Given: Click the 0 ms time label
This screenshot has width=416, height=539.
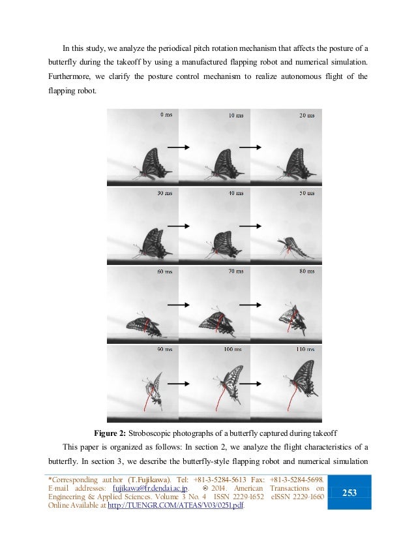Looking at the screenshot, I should [x=166, y=115].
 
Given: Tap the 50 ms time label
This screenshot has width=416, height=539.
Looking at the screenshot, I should [x=306, y=194].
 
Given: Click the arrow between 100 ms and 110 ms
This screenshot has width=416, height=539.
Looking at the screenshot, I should [x=250, y=382].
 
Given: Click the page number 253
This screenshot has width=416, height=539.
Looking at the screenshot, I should [x=349, y=493].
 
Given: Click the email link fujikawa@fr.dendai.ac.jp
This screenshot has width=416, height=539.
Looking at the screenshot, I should [x=151, y=488].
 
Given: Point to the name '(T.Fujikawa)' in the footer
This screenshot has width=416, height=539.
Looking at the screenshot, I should [x=148, y=479].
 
